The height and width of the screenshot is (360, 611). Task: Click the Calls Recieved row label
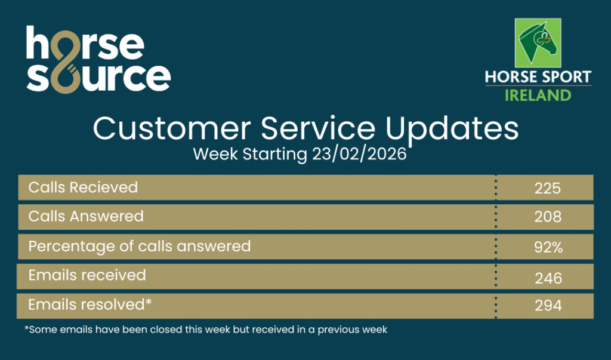(83, 187)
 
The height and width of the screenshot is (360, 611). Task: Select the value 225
(548, 189)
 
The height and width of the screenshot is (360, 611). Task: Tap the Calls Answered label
(86, 217)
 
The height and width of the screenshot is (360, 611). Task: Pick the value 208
(548, 217)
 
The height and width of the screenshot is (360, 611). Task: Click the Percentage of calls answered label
(140, 247)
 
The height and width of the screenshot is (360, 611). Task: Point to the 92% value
(548, 247)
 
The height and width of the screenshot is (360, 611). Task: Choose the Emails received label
(87, 275)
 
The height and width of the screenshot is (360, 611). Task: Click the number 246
(548, 278)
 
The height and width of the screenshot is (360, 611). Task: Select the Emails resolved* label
(90, 304)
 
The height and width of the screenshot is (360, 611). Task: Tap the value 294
(548, 306)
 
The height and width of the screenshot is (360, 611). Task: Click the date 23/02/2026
(359, 155)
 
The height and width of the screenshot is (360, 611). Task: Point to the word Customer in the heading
(171, 129)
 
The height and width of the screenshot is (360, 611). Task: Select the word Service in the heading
(318, 129)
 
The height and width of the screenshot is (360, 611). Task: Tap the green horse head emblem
(538, 43)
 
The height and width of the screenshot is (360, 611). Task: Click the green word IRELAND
(538, 96)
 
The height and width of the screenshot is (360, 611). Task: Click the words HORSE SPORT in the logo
(538, 77)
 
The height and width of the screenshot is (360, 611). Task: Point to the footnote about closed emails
(206, 330)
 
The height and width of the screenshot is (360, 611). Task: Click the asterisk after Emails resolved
(149, 301)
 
